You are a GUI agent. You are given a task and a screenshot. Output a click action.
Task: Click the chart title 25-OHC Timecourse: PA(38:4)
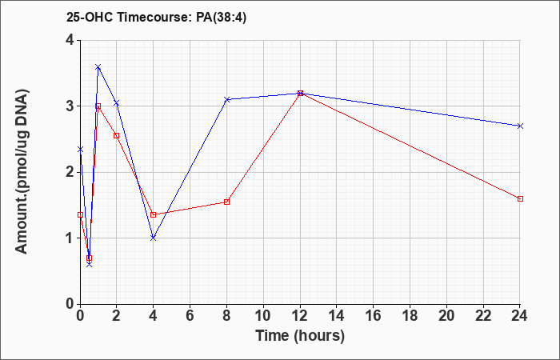point(157,18)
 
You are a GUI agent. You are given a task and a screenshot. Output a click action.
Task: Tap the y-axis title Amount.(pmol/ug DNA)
point(22,172)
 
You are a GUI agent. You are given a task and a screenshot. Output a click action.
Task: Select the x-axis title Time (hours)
point(300,336)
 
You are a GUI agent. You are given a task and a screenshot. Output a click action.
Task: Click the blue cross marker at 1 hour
point(98,66)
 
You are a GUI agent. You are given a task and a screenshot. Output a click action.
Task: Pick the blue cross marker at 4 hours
point(154,238)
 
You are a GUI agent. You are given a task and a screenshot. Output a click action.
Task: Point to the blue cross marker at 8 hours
point(226,99)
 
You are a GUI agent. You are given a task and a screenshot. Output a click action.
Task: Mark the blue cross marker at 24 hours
point(520,126)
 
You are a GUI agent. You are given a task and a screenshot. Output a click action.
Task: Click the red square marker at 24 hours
point(520,198)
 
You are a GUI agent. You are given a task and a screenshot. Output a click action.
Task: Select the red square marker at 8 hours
point(226,202)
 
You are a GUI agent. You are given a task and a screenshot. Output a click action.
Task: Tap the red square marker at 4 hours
point(154,214)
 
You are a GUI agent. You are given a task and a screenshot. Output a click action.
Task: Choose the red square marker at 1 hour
point(98,106)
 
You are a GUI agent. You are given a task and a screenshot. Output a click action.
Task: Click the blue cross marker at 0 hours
point(80,150)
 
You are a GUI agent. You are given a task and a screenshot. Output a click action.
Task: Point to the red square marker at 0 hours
point(80,214)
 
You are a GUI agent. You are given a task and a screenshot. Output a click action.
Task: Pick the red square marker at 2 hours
point(117,136)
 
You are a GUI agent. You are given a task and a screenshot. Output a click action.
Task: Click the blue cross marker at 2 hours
point(117,103)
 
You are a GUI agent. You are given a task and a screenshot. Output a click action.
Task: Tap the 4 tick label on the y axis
point(70,40)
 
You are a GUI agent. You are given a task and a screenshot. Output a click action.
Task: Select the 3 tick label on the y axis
point(70,106)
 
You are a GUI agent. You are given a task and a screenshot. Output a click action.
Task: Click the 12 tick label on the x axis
point(300,316)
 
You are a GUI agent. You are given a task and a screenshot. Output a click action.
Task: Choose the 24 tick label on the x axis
point(520,316)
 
